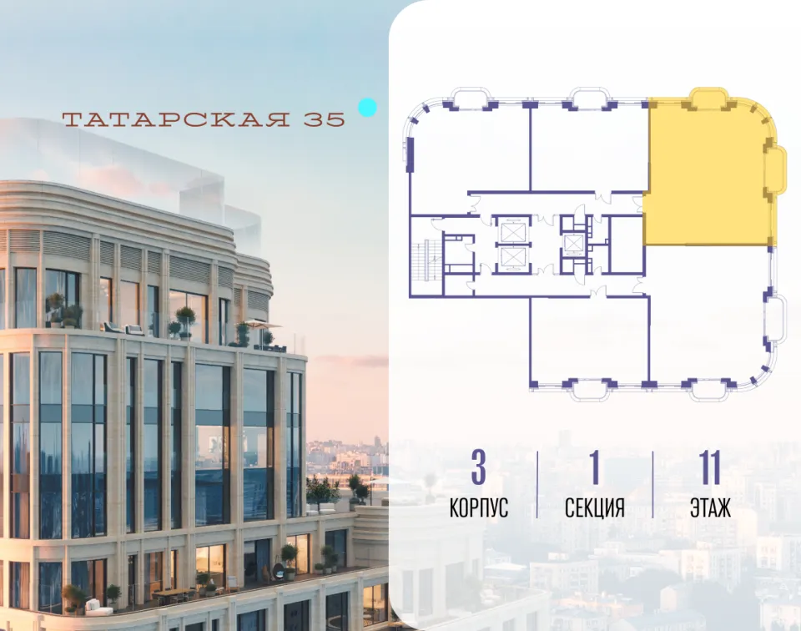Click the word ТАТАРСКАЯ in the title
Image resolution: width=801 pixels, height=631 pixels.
coord(176,119)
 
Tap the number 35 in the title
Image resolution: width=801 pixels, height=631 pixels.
coord(325,119)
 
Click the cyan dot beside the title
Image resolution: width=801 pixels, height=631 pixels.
coord(367,108)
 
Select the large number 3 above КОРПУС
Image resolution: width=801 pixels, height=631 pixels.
coord(479,467)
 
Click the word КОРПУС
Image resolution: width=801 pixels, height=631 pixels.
coord(479,507)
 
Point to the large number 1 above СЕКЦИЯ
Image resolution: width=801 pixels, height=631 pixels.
coord(594,467)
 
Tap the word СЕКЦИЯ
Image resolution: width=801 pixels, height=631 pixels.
coord(595,507)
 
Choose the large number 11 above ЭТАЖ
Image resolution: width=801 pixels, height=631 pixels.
coord(710,467)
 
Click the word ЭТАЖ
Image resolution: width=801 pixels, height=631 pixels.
coord(710,507)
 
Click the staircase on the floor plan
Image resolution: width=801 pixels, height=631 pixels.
coord(426,260)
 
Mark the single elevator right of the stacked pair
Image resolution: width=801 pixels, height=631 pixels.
coord(573,244)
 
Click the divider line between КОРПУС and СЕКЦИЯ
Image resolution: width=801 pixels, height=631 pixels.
coord(537,484)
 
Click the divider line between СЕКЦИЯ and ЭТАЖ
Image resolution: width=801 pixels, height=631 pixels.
coord(652,484)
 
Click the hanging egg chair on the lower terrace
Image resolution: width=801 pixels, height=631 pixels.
coord(280,571)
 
